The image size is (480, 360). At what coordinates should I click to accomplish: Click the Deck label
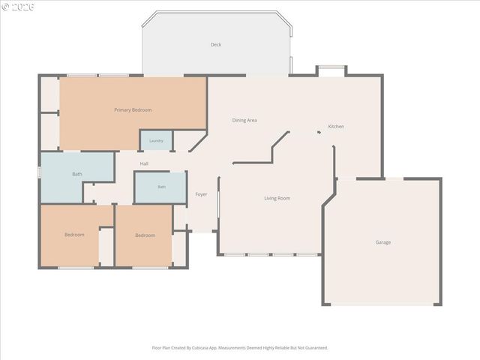pyautogui.click(x=216, y=45)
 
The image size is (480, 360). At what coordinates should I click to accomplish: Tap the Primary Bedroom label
pyautogui.click(x=133, y=110)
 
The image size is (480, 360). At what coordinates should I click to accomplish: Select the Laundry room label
pyautogui.click(x=156, y=141)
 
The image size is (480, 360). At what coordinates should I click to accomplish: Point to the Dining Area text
pyautogui.click(x=244, y=120)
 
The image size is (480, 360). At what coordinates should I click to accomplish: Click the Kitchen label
pyautogui.click(x=336, y=127)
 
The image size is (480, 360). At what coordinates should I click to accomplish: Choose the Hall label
pyautogui.click(x=144, y=163)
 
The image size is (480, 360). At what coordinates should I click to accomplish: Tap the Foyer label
pyautogui.click(x=201, y=194)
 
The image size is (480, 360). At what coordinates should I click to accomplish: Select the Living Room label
pyautogui.click(x=277, y=198)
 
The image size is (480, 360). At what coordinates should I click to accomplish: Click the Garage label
pyautogui.click(x=383, y=242)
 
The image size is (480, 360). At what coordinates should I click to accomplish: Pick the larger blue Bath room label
pyautogui.click(x=77, y=174)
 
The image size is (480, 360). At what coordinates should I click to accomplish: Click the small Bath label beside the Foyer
pyautogui.click(x=162, y=187)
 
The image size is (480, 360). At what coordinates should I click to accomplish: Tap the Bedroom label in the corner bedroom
pyautogui.click(x=74, y=235)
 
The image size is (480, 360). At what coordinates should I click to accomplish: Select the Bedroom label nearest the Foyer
pyautogui.click(x=145, y=235)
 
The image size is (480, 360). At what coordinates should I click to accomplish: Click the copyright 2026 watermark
pyautogui.click(x=18, y=7)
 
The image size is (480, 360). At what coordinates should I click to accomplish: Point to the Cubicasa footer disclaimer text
pyautogui.click(x=240, y=348)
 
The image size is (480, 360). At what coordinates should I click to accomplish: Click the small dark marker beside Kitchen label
pyautogui.click(x=319, y=132)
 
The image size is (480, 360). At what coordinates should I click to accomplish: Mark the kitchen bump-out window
pyautogui.click(x=331, y=67)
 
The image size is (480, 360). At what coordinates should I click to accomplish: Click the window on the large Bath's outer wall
pyautogui.click(x=39, y=172)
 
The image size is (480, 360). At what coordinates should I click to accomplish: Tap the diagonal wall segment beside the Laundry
pyautogui.click(x=198, y=141)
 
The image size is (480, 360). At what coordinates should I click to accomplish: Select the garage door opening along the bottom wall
pyautogui.click(x=382, y=304)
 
